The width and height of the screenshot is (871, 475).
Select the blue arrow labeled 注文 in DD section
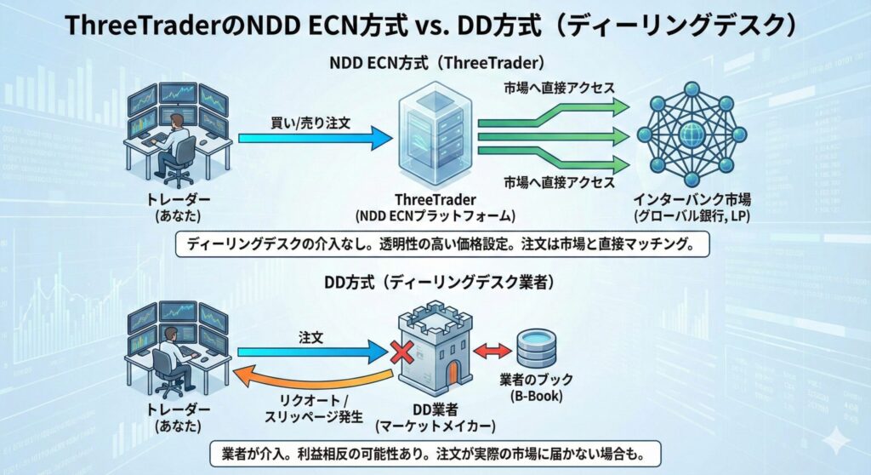310,350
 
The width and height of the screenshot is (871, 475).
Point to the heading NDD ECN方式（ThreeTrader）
435,63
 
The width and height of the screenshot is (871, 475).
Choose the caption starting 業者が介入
435,452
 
